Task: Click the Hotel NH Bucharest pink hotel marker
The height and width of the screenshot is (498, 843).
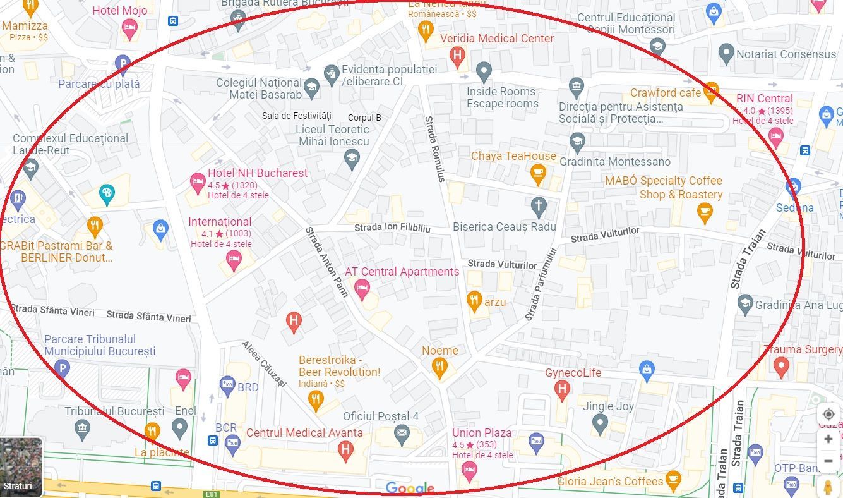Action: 198,183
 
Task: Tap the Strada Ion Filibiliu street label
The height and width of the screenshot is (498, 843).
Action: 392,228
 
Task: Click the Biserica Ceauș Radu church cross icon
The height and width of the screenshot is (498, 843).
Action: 538,205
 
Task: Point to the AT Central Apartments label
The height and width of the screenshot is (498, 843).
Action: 402,272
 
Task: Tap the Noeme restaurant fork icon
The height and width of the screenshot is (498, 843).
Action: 439,367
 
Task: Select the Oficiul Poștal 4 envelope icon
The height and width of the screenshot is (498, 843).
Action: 402,434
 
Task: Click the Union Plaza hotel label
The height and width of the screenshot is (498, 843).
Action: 482,433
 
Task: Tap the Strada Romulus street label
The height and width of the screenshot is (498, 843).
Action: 435,149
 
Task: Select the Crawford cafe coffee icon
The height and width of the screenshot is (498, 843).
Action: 711,92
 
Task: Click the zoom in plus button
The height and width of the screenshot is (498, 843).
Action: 828,439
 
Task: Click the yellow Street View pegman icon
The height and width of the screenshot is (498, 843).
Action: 828,487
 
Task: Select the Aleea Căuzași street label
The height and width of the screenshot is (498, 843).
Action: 264,364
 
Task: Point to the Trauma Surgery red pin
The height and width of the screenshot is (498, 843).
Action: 781,366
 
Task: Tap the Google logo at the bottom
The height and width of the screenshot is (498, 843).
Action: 410,489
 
